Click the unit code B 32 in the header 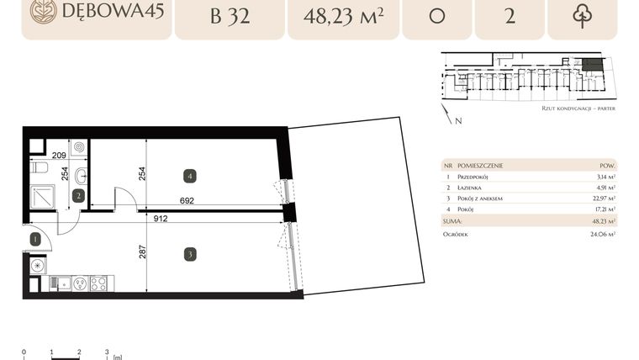pyautogui.click(x=229, y=18)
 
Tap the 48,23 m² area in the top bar pyautogui.click(x=341, y=18)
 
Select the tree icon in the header pyautogui.click(x=582, y=18)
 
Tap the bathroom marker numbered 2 pyautogui.click(x=77, y=196)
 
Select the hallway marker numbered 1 pyautogui.click(x=34, y=239)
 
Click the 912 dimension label pyautogui.click(x=160, y=219)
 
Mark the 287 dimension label pyautogui.click(x=144, y=251)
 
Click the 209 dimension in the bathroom pyautogui.click(x=59, y=156)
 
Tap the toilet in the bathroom pyautogui.click(x=38, y=169)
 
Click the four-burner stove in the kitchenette pyautogui.click(x=98, y=283)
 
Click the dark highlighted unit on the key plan pyautogui.click(x=593, y=64)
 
